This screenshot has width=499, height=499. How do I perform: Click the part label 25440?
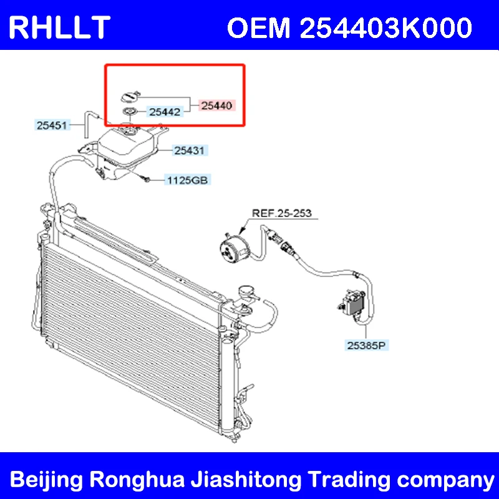tap(216, 106)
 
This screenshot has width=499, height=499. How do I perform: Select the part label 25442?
tap(165, 113)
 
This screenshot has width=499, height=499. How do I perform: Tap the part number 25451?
tap(52, 125)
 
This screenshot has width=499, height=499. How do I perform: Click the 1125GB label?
tap(187, 181)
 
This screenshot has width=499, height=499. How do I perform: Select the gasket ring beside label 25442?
tap(129, 113)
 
